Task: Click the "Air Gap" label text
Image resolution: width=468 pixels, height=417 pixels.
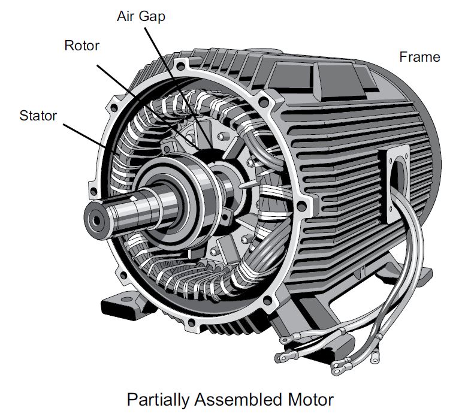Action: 140,16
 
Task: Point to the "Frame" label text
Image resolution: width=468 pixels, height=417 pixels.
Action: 419,57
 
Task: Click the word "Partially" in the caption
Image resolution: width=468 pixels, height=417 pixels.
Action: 157,398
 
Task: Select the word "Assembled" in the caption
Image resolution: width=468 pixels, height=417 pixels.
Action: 240,398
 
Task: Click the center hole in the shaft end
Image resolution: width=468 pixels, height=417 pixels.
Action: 95,219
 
